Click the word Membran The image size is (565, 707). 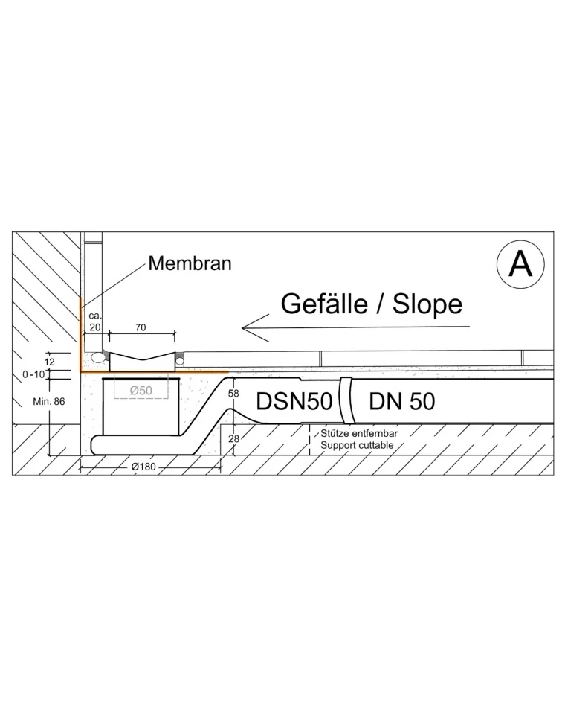click(190, 263)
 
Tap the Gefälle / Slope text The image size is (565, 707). click(371, 304)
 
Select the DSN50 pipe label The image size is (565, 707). click(294, 401)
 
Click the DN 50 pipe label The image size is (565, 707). click(402, 401)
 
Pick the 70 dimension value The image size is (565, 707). click(141, 327)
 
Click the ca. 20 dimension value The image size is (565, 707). click(95, 321)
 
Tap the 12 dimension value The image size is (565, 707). click(50, 362)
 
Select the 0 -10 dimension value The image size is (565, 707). click(33, 374)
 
